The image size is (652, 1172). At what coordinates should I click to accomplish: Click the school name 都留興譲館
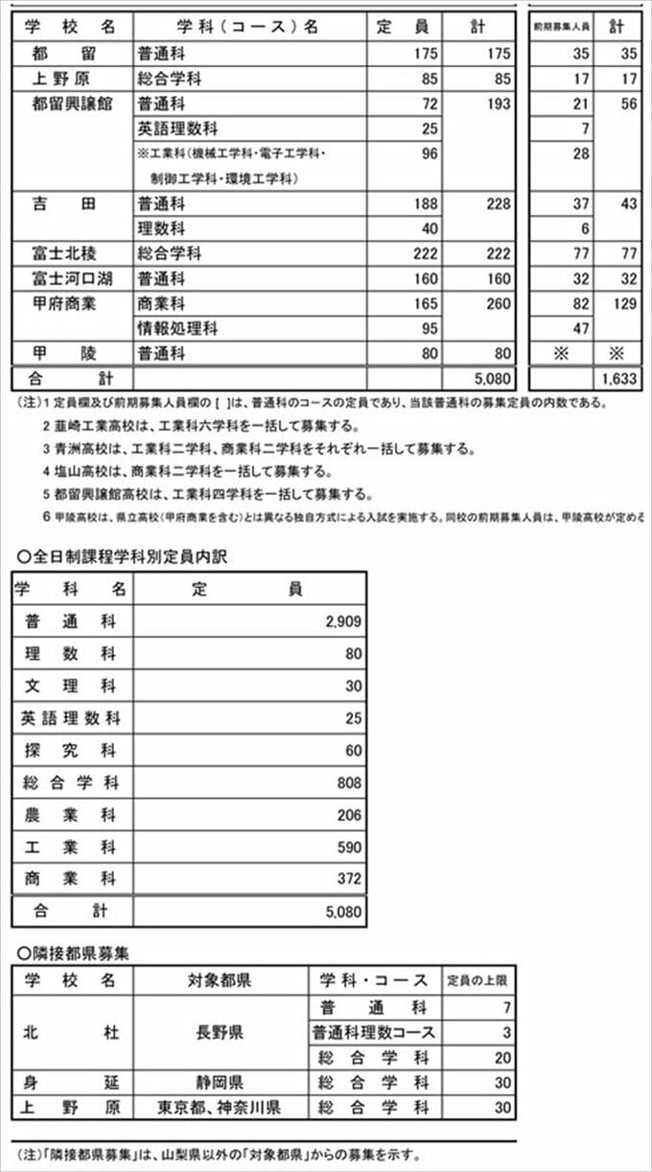point(73,104)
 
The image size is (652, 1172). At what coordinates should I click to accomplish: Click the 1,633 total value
point(619,378)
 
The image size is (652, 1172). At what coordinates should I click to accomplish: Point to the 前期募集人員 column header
point(561,27)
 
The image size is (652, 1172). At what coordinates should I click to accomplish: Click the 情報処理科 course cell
point(177,328)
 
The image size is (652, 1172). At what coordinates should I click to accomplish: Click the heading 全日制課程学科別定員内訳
point(123,556)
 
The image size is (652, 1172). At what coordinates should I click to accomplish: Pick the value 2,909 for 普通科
point(343,621)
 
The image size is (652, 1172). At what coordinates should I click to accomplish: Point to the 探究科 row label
point(70,750)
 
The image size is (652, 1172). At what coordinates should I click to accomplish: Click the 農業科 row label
point(70,814)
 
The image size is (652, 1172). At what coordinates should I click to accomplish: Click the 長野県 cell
point(220,1032)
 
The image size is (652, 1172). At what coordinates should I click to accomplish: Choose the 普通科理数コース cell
point(373,1032)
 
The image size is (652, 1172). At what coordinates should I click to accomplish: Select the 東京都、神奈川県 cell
point(220,1107)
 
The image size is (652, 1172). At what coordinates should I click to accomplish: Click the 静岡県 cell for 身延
point(220,1082)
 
